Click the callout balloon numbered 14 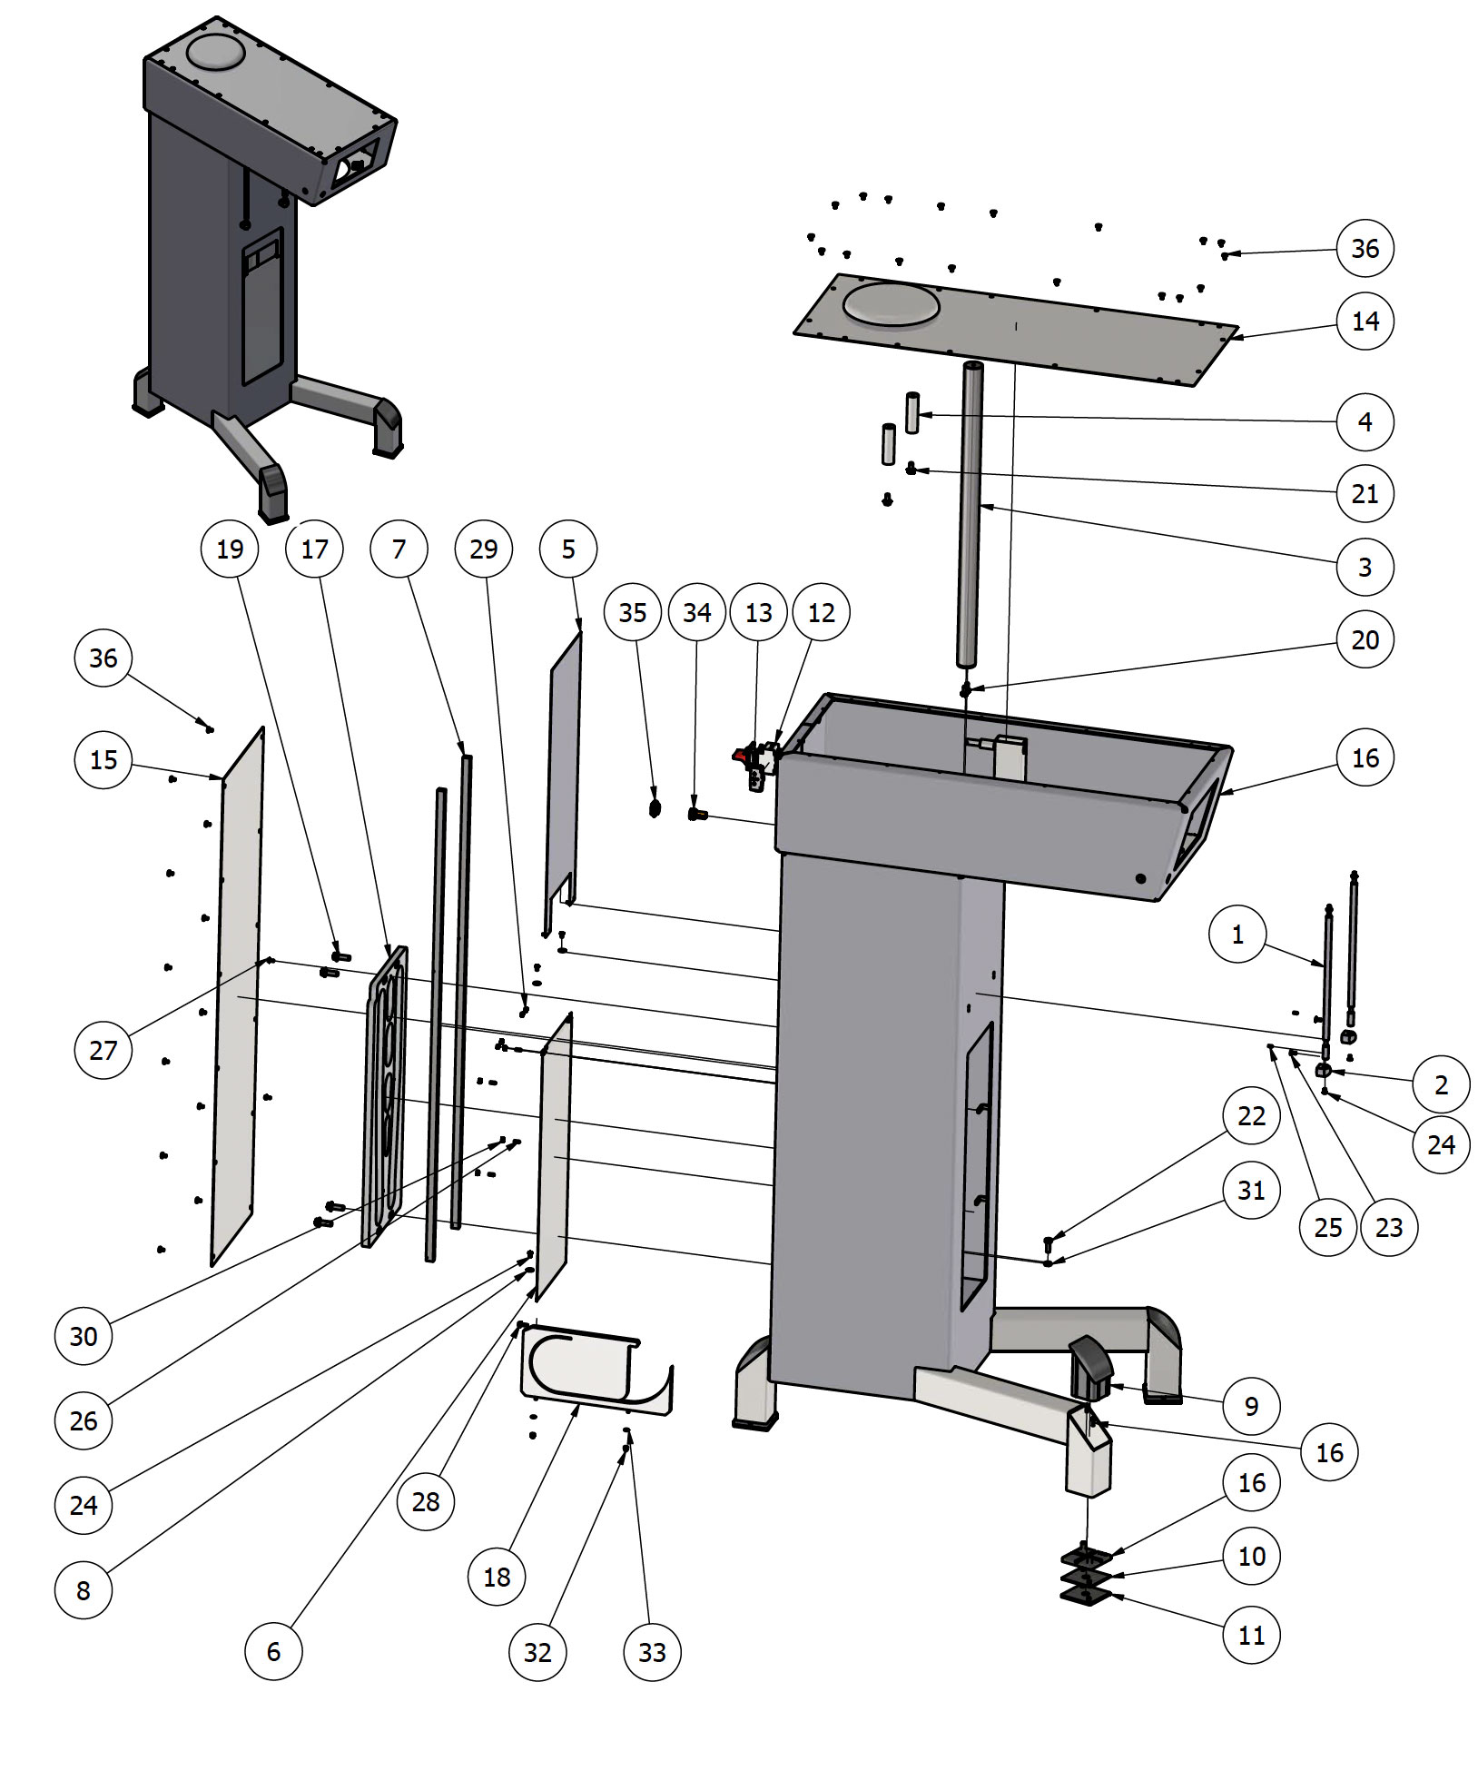point(1365,322)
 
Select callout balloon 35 point(633,613)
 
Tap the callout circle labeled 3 point(1365,568)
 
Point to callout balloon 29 point(484,549)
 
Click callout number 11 point(1251,1636)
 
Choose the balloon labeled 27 point(103,1051)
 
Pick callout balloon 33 point(652,1652)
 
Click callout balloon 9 point(1251,1407)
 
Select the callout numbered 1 point(1237,935)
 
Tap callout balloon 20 point(1365,640)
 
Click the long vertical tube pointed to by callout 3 point(970,518)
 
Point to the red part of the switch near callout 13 point(742,754)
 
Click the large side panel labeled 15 point(238,999)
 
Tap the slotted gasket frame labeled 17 point(387,1099)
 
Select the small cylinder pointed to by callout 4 point(912,412)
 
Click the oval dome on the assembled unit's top point(216,53)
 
